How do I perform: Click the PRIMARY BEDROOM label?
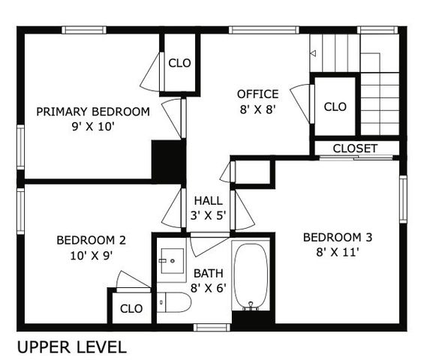pos(93,112)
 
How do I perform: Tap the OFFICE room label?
pos(257,94)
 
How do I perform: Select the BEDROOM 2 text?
pos(91,241)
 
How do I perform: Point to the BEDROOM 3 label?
pos(337,238)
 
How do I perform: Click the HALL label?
pos(207,200)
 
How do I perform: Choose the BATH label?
pos(208,273)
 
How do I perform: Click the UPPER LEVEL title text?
pos(71,347)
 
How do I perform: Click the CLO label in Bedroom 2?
pos(131,307)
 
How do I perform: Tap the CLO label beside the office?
pos(335,106)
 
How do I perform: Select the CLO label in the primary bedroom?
pos(179,63)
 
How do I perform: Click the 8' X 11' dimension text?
pos(337,252)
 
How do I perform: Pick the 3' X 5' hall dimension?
pos(207,215)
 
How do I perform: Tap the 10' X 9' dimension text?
pos(91,255)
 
